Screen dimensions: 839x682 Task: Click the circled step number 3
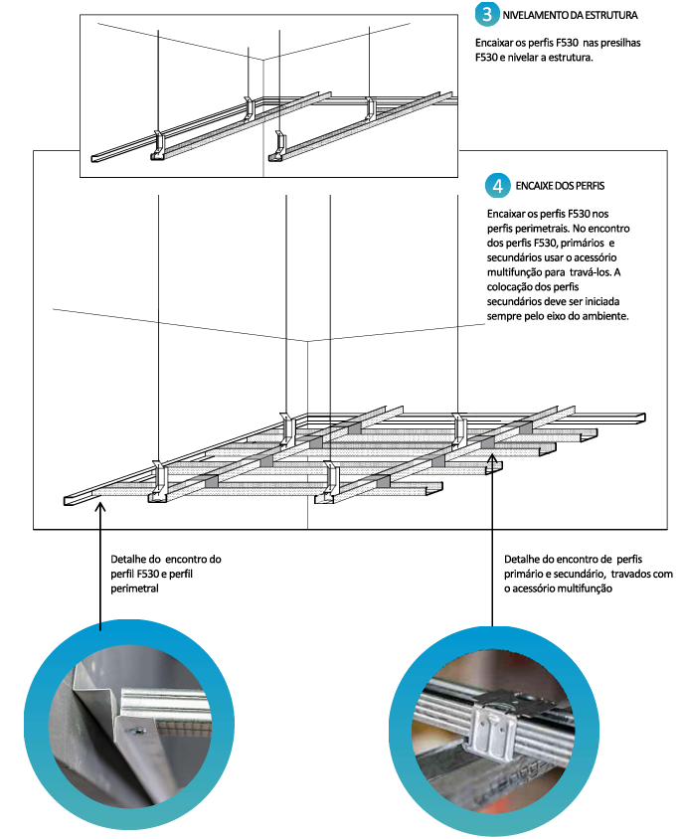pos(487,15)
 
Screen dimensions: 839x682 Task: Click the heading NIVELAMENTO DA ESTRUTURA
pos(571,16)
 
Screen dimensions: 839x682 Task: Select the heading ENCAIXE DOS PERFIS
pos(562,186)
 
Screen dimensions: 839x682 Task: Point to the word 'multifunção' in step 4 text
pos(519,271)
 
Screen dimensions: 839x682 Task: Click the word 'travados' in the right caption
pos(632,574)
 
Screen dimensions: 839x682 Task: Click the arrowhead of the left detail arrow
pos(101,506)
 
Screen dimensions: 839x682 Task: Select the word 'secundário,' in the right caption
pos(578,574)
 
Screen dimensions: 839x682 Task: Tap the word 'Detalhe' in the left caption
pos(130,560)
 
